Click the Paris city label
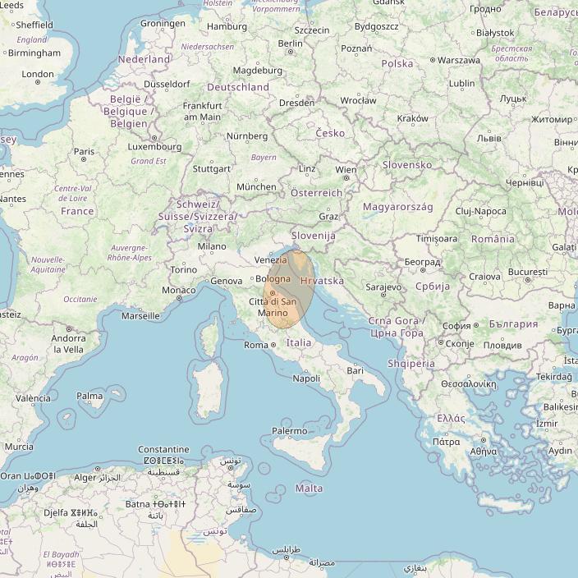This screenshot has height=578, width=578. point(84,151)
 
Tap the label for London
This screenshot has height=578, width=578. point(38,74)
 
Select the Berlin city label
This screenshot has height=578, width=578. point(291,44)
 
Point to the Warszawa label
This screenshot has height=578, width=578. point(459,60)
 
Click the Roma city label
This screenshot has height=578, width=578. point(256,345)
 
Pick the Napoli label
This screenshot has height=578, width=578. point(306,378)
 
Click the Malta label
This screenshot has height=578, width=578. point(309,489)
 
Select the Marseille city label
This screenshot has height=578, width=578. point(140,315)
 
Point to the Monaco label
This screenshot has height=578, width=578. point(178,290)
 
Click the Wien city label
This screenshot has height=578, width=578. point(346,170)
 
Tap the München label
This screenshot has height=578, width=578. point(256,186)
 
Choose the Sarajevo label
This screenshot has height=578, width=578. point(383,287)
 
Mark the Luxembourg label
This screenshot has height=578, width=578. point(154,147)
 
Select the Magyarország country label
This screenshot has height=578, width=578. point(398,207)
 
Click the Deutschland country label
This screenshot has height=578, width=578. point(238,87)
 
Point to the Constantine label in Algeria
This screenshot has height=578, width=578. point(163,450)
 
